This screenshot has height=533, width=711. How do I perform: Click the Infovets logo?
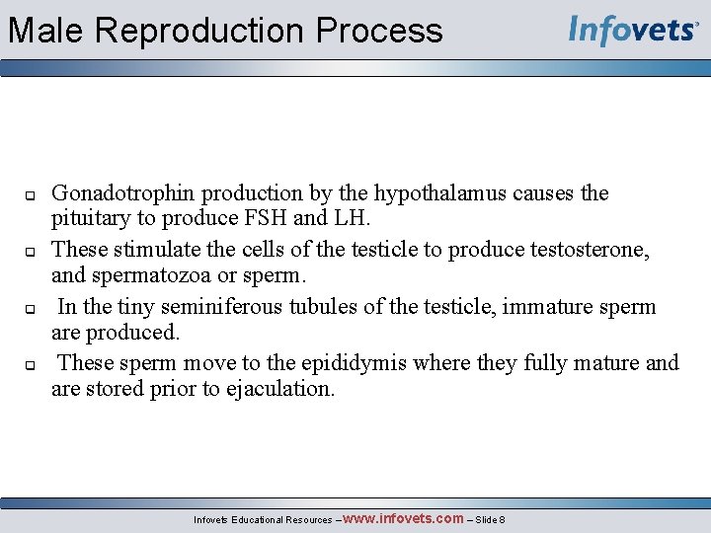(x=633, y=30)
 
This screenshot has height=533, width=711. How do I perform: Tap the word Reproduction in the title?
(x=201, y=31)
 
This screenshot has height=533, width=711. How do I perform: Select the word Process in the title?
(x=379, y=31)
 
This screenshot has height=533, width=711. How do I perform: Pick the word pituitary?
(x=91, y=217)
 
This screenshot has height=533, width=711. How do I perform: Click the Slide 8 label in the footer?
(x=491, y=519)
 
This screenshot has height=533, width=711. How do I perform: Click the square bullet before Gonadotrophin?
(x=30, y=194)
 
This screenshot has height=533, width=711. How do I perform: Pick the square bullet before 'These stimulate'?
(x=30, y=251)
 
